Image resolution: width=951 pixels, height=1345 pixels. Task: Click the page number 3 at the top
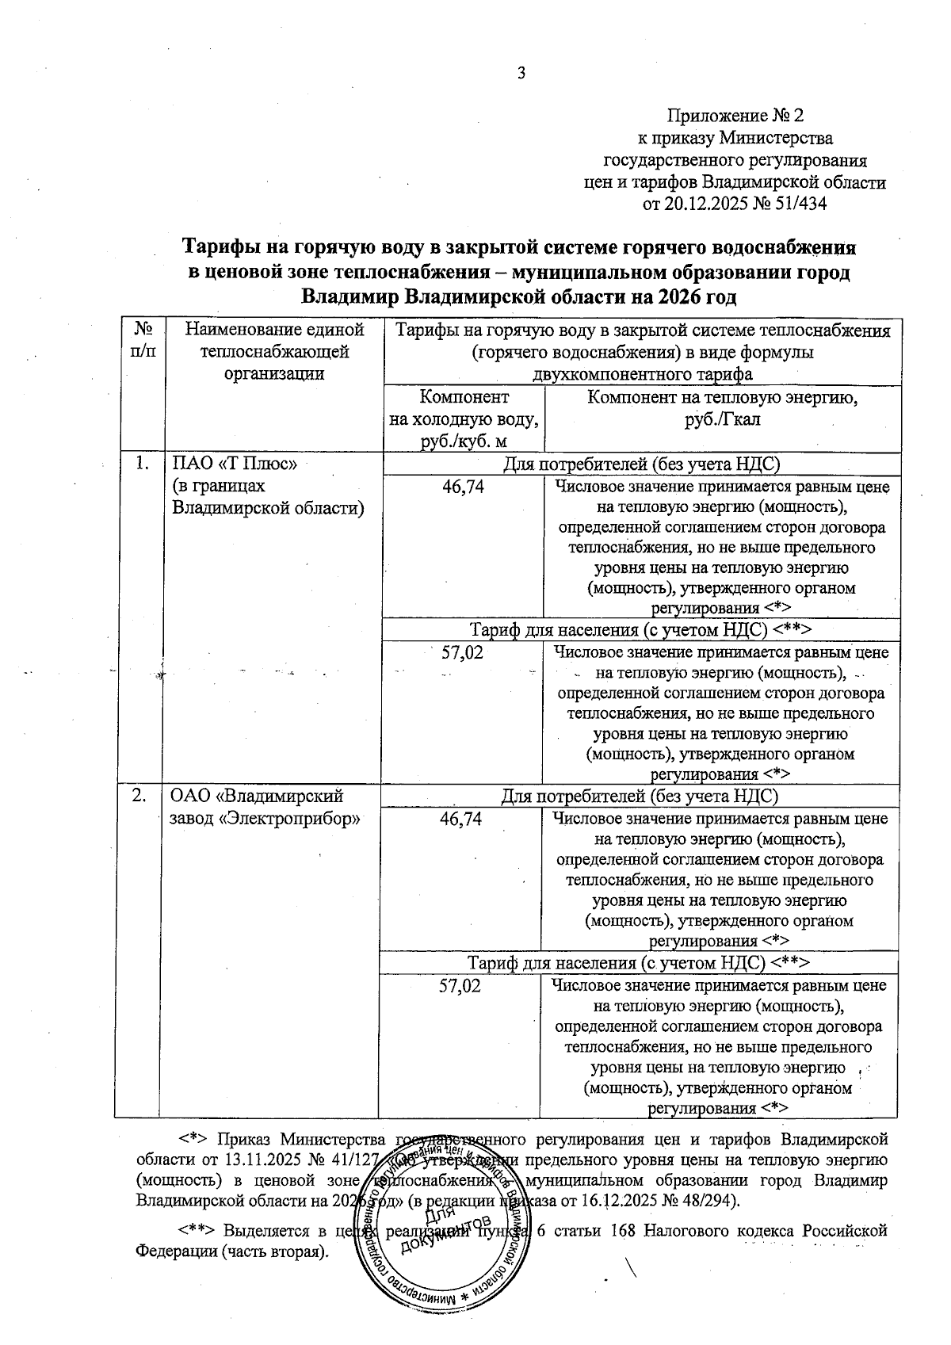pos(521,74)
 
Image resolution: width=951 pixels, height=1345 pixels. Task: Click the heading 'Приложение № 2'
pos(735,116)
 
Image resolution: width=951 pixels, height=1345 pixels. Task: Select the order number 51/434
pos(795,204)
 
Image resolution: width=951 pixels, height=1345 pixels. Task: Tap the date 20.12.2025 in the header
pos(702,204)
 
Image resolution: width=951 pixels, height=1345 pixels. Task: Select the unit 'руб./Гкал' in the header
pos(722,419)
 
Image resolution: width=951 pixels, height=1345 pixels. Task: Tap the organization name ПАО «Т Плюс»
pos(235,464)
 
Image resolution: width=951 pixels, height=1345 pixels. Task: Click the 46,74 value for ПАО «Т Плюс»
pos(464,487)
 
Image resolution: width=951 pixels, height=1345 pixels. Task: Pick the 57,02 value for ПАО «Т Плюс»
pos(462,653)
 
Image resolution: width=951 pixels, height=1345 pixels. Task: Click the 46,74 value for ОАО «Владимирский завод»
pos(461,820)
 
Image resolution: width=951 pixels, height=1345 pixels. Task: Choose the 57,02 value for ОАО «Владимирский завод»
pos(460,986)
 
